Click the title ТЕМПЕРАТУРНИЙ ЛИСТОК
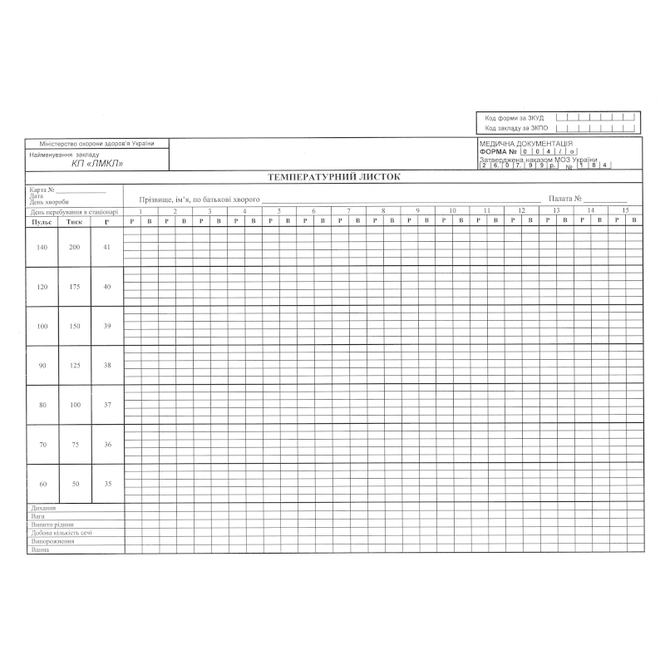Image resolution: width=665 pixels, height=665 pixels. [x=333, y=177]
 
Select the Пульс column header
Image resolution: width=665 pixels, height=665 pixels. [x=42, y=221]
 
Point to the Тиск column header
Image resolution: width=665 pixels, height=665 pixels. [x=75, y=221]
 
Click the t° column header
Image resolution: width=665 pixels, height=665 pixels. [x=106, y=221]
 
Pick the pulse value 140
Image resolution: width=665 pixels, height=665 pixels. [x=42, y=248]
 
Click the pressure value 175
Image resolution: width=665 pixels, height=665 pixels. [x=75, y=287]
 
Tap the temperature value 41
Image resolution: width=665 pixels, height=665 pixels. [x=106, y=248]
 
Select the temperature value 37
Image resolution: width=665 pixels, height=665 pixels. [x=106, y=405]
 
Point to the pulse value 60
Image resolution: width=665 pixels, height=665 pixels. [x=42, y=484]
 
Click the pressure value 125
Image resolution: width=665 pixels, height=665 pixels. [x=75, y=366]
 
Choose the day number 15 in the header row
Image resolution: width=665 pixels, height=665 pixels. [x=624, y=211]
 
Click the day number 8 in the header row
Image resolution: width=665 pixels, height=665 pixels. [x=383, y=211]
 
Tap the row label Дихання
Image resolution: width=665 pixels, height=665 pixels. [x=43, y=508]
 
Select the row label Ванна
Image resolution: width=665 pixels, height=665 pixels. [x=40, y=549]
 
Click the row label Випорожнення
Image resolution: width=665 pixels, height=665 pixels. [x=52, y=541]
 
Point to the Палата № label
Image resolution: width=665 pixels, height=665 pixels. [x=565, y=199]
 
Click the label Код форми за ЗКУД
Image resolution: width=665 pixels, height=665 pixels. [x=515, y=118]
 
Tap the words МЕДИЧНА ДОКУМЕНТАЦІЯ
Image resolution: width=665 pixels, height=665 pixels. [x=525, y=144]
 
